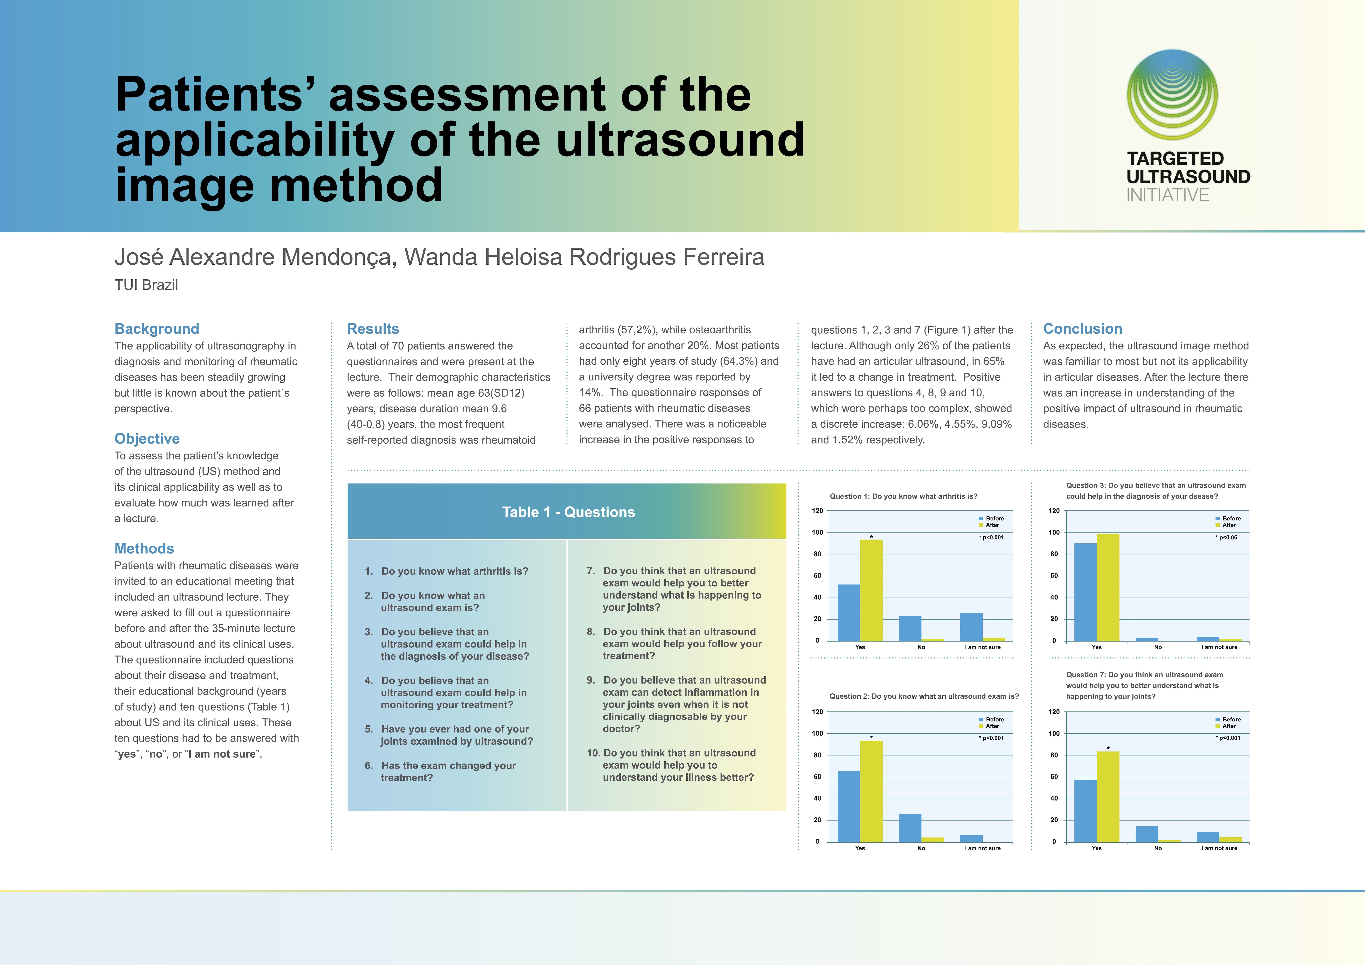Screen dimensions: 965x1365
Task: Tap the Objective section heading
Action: (147, 438)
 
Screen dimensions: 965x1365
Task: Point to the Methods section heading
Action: (144, 548)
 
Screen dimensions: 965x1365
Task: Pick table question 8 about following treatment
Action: (678, 643)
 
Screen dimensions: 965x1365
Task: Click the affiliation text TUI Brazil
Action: (146, 285)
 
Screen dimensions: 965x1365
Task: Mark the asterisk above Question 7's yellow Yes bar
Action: (1108, 748)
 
